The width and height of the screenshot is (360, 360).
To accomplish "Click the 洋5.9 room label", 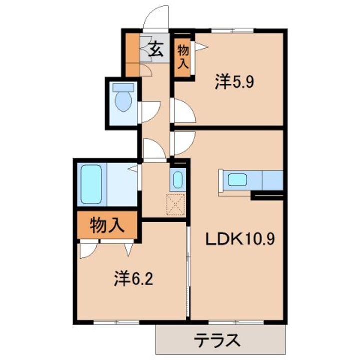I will (x=235, y=81).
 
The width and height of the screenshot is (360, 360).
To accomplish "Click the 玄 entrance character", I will (x=156, y=50).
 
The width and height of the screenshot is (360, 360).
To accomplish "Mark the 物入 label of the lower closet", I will (x=106, y=226).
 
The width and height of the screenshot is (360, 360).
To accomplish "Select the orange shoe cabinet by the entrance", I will (x=132, y=54).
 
